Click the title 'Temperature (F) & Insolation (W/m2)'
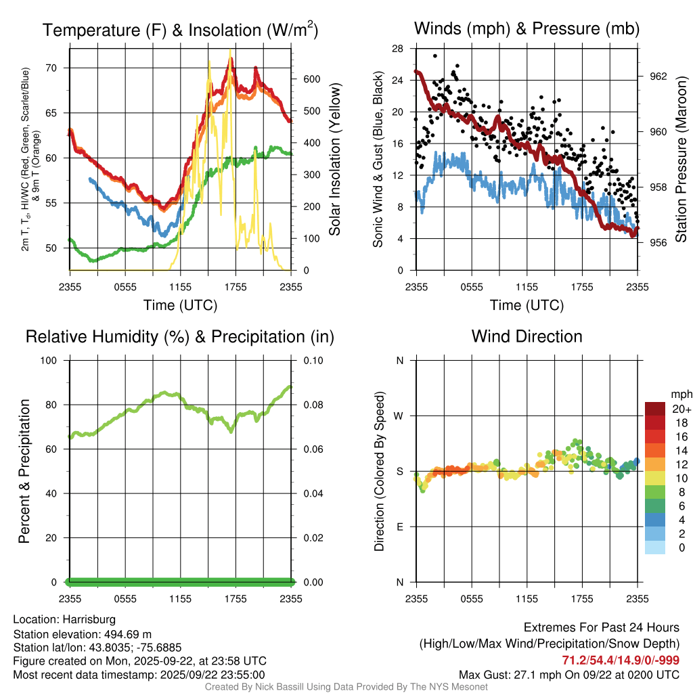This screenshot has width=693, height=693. pyautogui.click(x=180, y=30)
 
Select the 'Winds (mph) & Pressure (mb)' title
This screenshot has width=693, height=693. pyautogui.click(x=527, y=28)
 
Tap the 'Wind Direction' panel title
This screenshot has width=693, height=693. pyautogui.click(x=527, y=336)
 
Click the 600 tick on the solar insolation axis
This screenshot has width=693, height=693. pyautogui.click(x=305, y=79)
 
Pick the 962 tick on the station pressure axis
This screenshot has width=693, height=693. pyautogui.click(x=653, y=76)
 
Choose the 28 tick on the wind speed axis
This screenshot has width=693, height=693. pyautogui.click(x=398, y=49)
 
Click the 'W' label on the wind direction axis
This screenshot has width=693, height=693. pyautogui.click(x=399, y=416)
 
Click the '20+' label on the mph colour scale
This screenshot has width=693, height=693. pyautogui.click(x=681, y=409)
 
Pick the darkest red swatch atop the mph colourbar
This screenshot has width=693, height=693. pyautogui.click(x=655, y=408)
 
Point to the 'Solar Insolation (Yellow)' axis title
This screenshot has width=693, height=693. pyautogui.click(x=334, y=159)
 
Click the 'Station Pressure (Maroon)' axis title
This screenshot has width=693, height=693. pyautogui.click(x=680, y=159)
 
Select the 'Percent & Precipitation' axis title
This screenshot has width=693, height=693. pyautogui.click(x=24, y=471)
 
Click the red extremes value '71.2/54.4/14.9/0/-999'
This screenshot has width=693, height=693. pyautogui.click(x=621, y=661)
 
